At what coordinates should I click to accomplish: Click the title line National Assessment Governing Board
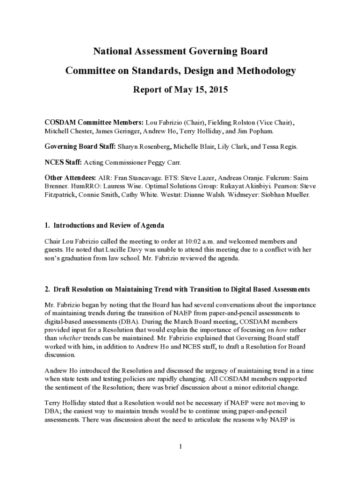click(x=180, y=51)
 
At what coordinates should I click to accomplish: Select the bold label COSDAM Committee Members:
click(x=94, y=123)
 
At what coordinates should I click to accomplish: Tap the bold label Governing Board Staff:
click(x=80, y=146)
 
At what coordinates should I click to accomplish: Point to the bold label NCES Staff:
click(x=63, y=162)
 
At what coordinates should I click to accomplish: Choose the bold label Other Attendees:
click(x=70, y=178)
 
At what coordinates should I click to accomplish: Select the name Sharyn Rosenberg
click(x=144, y=146)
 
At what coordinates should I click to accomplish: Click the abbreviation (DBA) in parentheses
click(x=128, y=321)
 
